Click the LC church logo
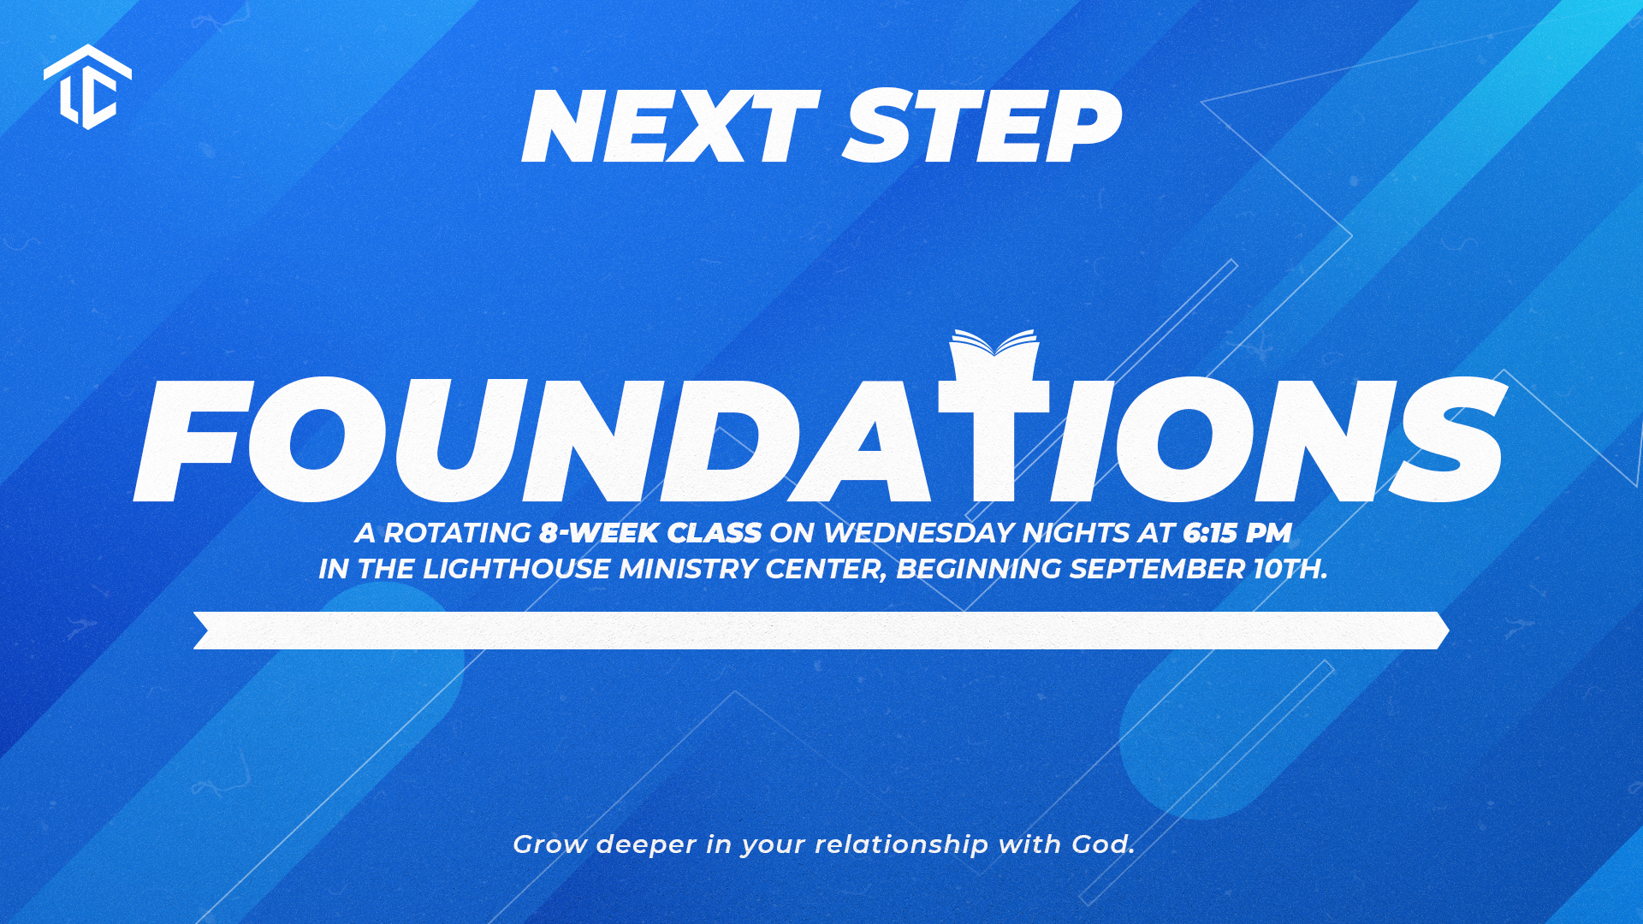pos(87,87)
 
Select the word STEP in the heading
pos(982,127)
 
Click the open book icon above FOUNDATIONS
pos(994,343)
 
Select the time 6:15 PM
pos(1237,533)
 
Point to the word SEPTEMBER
pos(1157,569)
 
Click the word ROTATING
pos(457,533)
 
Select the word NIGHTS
pos(1076,533)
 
